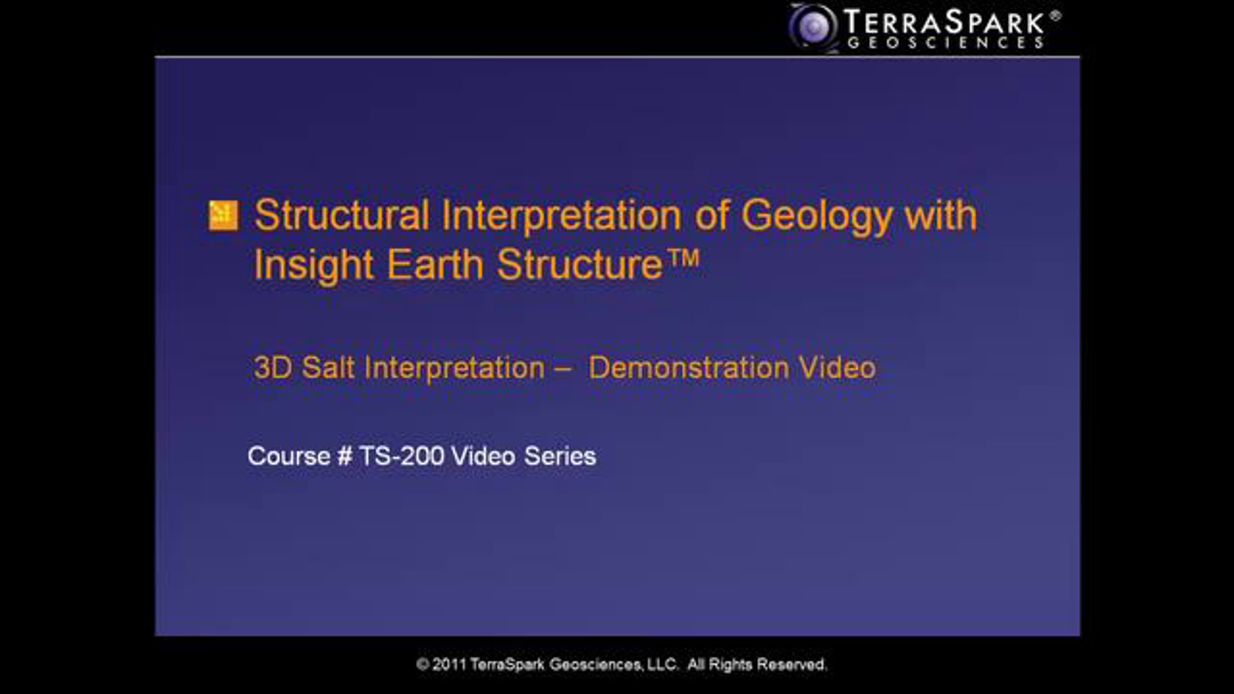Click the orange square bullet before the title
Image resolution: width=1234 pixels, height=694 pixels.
(223, 215)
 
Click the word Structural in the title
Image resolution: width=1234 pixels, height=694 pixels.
(342, 215)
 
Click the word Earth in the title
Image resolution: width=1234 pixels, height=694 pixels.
(435, 264)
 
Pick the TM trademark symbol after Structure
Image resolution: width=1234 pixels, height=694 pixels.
(684, 258)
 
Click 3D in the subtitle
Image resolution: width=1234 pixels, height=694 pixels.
(273, 368)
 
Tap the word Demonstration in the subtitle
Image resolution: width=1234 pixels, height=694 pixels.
(688, 368)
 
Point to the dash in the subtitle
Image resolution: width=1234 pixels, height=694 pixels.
(563, 369)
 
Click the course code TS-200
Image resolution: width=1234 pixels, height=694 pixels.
(402, 456)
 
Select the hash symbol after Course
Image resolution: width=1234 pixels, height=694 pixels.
(345, 456)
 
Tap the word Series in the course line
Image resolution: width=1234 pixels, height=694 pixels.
(560, 456)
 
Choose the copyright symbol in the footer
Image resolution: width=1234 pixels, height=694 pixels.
(423, 665)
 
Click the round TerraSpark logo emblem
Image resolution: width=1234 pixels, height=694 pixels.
(814, 27)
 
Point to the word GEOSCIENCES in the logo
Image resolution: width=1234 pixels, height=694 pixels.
(945, 43)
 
